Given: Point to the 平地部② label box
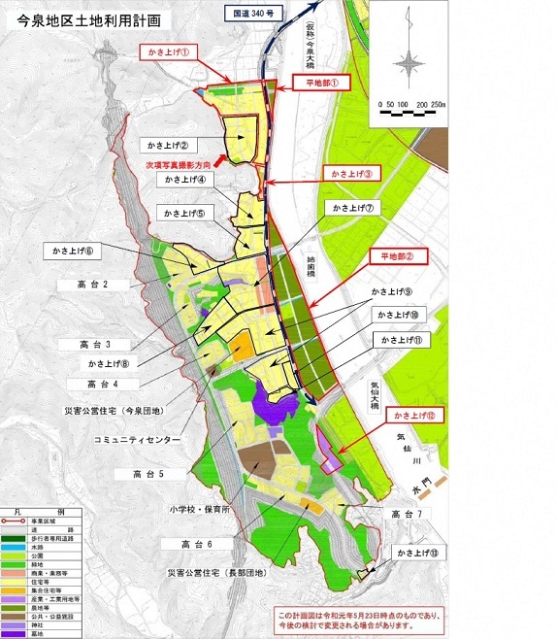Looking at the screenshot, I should point(398,257).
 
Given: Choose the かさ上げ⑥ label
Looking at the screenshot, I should point(74,251).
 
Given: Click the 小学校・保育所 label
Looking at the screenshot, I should point(197,508).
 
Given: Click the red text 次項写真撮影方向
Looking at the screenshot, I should point(180,165).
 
